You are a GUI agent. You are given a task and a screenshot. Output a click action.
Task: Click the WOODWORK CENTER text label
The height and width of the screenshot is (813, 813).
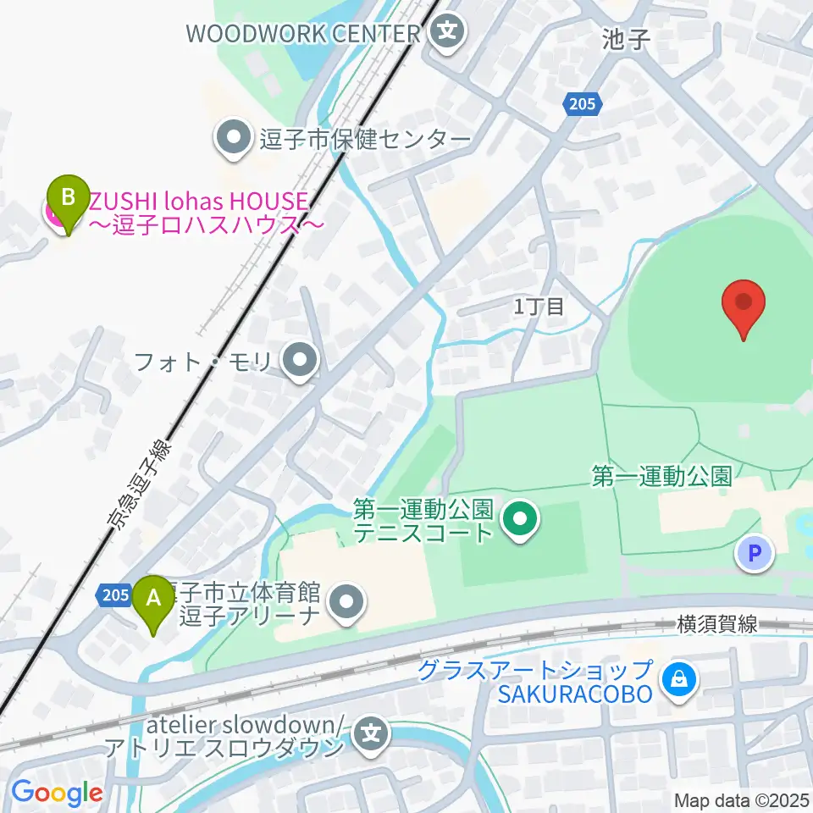[303, 33]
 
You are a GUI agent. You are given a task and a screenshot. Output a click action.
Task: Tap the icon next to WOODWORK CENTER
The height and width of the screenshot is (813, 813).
[447, 33]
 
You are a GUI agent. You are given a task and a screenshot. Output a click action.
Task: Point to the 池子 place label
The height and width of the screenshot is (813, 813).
[625, 40]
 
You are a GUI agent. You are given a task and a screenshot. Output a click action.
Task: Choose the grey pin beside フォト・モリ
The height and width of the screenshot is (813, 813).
[299, 362]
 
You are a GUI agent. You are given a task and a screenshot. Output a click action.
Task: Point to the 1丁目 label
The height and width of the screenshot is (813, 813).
[539, 307]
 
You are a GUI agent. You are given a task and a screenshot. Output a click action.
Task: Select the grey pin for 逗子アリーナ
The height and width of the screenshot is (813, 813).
[346, 603]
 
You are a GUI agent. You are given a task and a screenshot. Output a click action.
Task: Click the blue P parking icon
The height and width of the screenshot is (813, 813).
[753, 554]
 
